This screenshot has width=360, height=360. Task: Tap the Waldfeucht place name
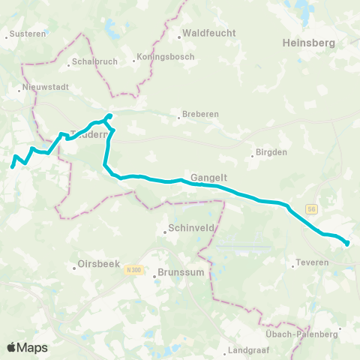pyautogui.click(x=208, y=33)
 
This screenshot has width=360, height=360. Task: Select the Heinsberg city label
pyautogui.click(x=308, y=44)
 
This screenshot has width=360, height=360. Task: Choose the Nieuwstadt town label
pyautogui.click(x=46, y=87)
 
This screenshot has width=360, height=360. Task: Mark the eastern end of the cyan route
pyautogui.click(x=347, y=242)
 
